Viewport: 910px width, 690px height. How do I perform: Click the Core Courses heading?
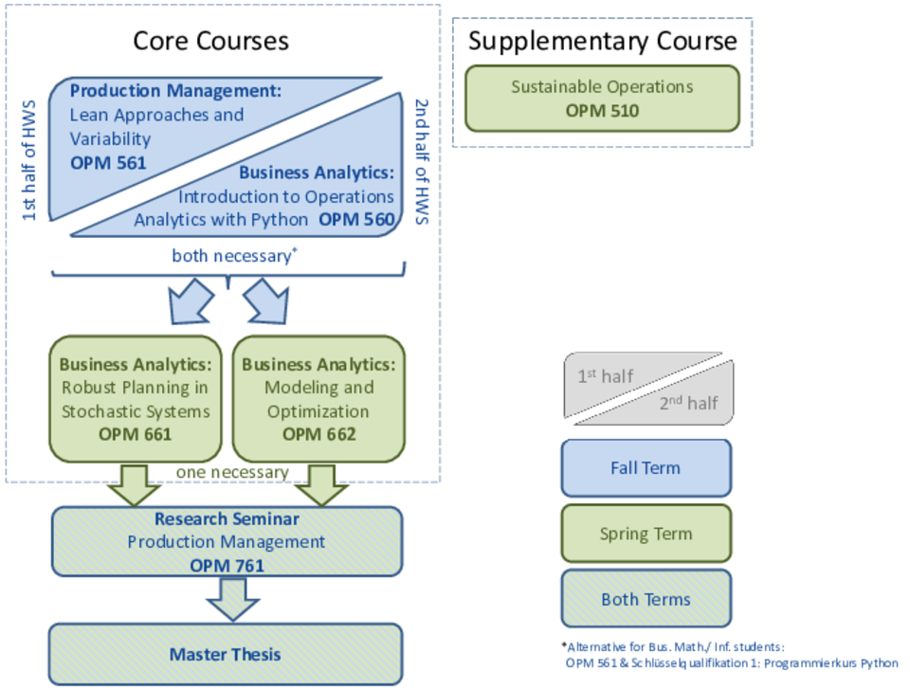coord(210,41)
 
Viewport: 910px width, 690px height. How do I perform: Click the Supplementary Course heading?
coord(603,41)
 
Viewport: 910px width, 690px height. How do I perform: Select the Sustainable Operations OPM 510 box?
coord(603,98)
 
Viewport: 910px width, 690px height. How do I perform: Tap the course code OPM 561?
coord(108,163)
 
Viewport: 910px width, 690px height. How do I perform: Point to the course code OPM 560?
coord(356,219)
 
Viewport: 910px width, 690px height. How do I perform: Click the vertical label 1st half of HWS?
coord(28,160)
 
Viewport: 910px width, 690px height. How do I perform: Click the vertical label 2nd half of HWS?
coord(422,161)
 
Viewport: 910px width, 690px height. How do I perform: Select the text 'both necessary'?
coord(231,256)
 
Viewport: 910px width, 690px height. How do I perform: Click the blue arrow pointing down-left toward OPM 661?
coord(190,300)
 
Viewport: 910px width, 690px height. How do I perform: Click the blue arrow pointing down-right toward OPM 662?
coord(266,300)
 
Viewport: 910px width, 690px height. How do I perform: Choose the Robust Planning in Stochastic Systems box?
coord(136,399)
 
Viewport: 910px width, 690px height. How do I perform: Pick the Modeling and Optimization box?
coord(318,399)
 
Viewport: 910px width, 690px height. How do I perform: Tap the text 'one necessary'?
coord(232,472)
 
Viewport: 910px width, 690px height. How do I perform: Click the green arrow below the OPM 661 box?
coord(134,485)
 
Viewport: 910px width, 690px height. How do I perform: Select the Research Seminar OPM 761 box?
coord(227,541)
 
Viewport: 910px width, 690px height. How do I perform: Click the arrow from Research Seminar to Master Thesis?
coord(233,600)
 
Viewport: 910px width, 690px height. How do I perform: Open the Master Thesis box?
coord(226,654)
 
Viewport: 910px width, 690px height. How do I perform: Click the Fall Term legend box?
coord(646,467)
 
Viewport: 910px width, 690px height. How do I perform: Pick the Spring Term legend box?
coord(646,534)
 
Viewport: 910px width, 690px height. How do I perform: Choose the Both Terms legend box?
coord(646,599)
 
